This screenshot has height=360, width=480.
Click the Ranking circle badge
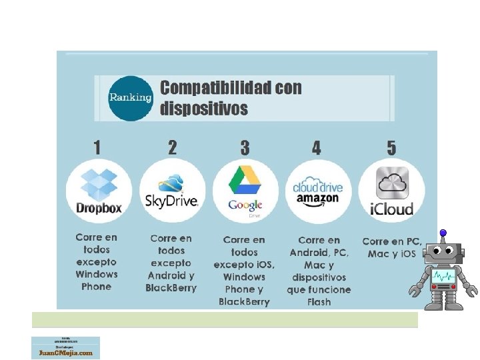(x=131, y=98)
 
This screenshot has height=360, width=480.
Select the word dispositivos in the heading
(x=203, y=109)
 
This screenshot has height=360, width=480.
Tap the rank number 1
(x=97, y=147)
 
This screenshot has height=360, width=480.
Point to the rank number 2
(x=172, y=147)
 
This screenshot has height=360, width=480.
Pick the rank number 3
(x=245, y=147)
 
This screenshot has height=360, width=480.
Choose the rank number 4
(x=316, y=147)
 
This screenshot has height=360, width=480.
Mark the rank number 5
(x=391, y=147)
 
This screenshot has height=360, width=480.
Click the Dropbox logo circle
(x=99, y=191)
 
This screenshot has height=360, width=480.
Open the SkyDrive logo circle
(x=172, y=191)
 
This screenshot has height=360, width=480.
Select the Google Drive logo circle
(x=245, y=191)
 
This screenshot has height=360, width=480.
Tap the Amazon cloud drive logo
(x=317, y=191)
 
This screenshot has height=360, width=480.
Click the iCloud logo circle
(x=392, y=191)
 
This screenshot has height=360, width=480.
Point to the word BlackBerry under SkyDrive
(x=171, y=288)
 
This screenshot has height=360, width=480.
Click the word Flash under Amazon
(x=319, y=302)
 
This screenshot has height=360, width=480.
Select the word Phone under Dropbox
(x=97, y=287)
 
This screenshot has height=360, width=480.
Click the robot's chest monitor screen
(x=443, y=275)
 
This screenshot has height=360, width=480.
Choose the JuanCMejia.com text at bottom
(x=65, y=353)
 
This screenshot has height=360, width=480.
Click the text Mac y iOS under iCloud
(x=392, y=254)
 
